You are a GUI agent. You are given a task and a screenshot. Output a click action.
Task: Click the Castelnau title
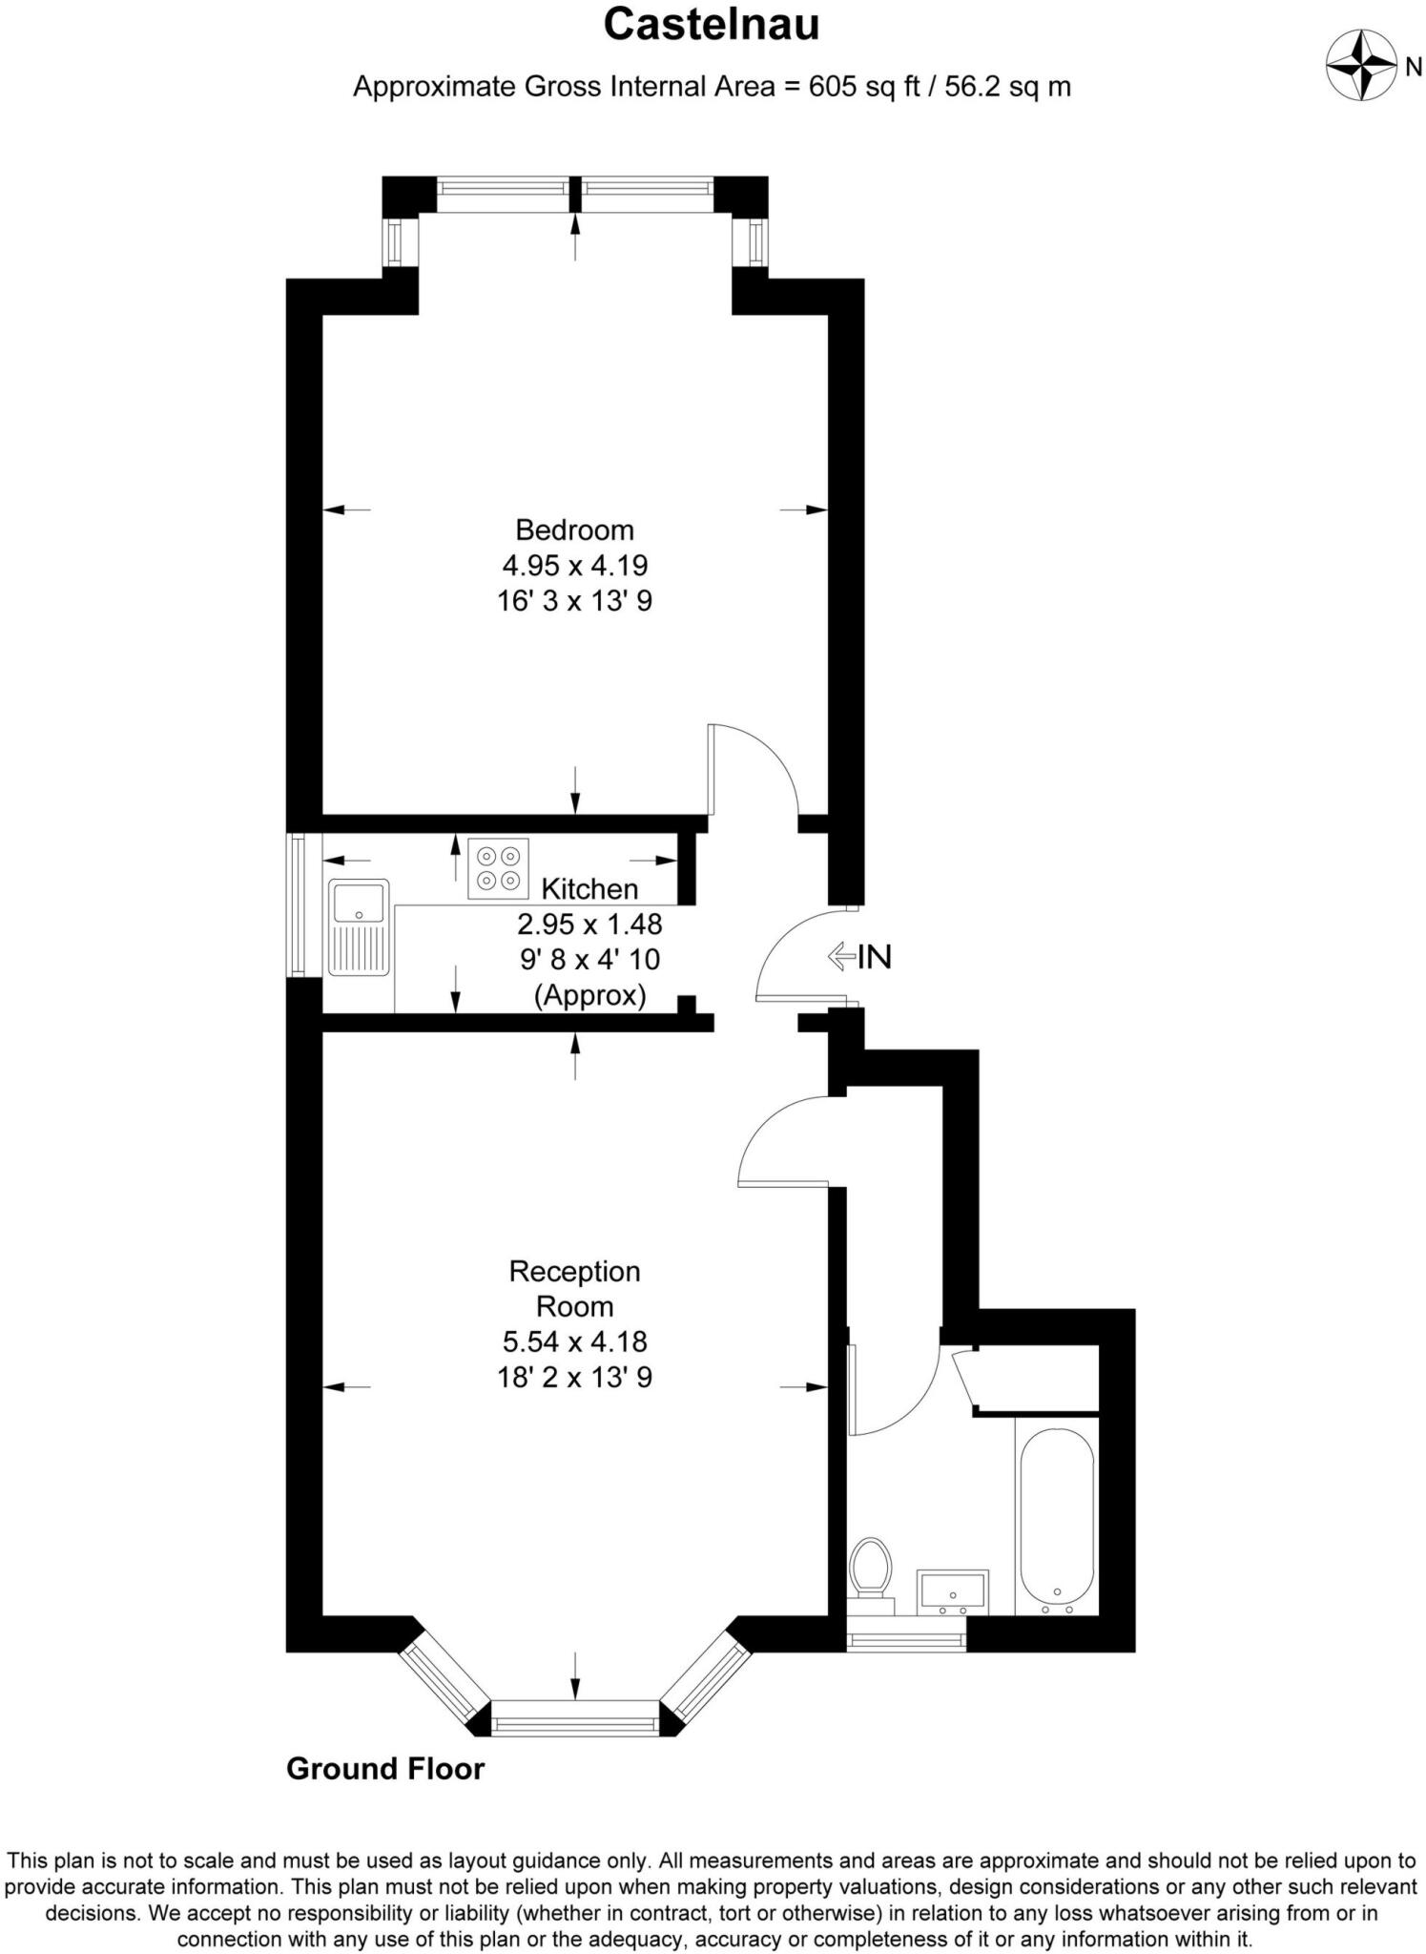712,26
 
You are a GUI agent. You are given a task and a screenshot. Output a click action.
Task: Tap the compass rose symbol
1360,66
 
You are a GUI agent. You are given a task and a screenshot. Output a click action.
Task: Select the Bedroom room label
574,530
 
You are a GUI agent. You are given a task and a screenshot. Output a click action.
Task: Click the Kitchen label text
589,889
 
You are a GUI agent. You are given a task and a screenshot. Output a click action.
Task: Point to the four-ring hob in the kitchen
498,867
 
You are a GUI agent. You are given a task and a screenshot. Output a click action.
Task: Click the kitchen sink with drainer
359,926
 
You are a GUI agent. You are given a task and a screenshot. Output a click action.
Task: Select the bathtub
1057,1518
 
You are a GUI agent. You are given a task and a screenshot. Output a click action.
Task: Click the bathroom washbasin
952,1590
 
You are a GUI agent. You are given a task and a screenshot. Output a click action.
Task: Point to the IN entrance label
874,956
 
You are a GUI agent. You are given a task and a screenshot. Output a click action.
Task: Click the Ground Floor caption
385,1770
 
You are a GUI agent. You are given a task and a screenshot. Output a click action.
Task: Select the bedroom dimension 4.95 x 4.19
574,566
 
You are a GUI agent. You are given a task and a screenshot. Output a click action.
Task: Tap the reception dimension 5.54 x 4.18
574,1341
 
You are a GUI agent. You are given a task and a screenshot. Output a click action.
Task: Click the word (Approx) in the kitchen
589,995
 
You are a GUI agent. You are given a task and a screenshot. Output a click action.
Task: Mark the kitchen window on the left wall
298,905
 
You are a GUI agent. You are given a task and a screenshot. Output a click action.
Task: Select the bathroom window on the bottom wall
907,1642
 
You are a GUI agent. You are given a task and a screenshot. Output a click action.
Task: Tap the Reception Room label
574,1288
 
